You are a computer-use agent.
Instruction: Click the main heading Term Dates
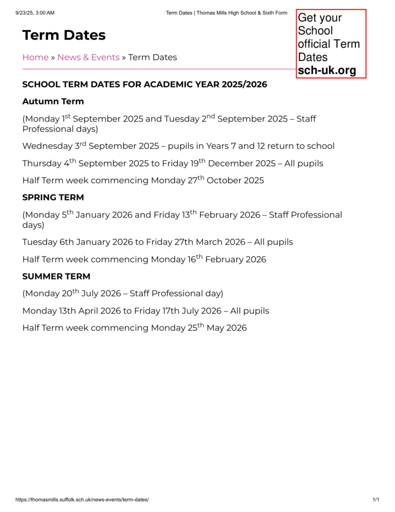click(x=64, y=35)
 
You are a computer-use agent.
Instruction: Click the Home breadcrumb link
click(x=35, y=57)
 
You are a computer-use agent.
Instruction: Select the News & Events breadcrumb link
click(x=88, y=57)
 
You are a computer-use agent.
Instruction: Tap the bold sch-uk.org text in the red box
click(x=327, y=70)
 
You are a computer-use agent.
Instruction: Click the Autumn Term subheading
click(x=53, y=101)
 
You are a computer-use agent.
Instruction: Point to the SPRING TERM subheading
click(x=53, y=197)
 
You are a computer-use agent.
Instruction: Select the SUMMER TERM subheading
click(x=56, y=276)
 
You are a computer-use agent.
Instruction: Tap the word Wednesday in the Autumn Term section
click(x=47, y=146)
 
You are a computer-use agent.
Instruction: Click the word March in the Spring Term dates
click(x=209, y=242)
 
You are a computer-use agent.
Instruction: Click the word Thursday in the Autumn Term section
click(x=41, y=164)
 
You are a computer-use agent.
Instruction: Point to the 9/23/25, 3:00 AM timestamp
click(x=35, y=12)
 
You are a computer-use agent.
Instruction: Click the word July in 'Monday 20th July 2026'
click(x=90, y=294)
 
